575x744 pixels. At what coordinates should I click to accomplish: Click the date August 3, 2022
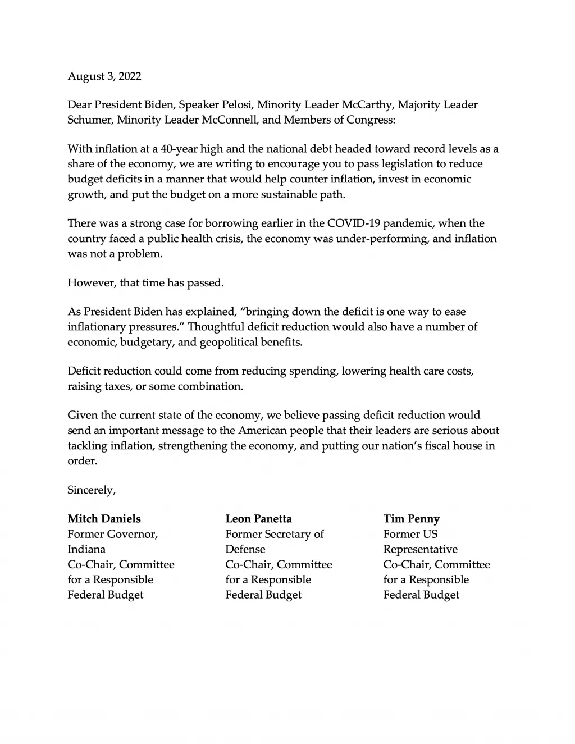tap(104, 76)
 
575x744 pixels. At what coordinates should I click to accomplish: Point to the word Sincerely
tap(92, 490)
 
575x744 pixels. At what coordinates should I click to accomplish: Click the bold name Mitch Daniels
tap(104, 519)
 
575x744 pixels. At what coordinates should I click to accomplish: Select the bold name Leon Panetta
tap(259, 519)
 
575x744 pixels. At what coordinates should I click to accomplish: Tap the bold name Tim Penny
tap(412, 519)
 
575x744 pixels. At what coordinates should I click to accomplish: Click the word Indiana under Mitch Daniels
tap(86, 549)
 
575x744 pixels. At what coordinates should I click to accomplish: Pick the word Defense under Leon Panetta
tap(245, 549)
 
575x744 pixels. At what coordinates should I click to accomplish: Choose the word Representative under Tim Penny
tap(421, 549)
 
